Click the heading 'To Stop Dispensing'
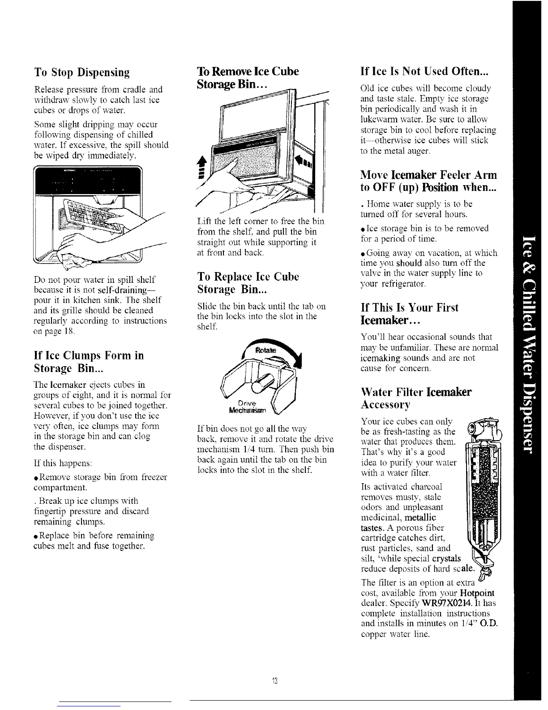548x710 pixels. tap(82, 72)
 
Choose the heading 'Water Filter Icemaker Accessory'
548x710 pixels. tap(416, 398)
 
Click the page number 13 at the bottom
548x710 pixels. tap(275, 682)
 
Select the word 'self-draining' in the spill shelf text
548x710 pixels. tap(138, 289)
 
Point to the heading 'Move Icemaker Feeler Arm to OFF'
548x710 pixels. tap(428, 180)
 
